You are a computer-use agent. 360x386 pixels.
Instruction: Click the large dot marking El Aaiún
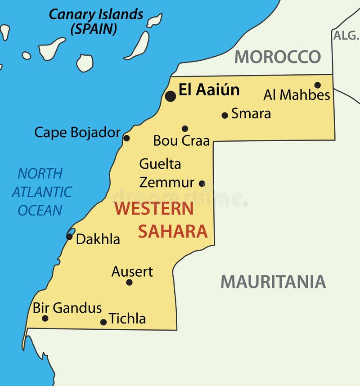point(170,96)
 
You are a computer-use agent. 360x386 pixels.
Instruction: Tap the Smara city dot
point(225,115)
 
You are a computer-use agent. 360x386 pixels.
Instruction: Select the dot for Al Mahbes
point(317,85)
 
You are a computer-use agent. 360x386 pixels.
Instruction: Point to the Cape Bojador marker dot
point(126,138)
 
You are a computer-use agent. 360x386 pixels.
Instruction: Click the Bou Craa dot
point(184,129)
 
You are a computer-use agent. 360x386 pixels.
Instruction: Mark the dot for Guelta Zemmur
point(202,184)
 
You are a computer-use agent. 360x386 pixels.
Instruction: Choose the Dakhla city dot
point(69,237)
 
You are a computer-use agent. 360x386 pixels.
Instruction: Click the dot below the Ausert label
point(129,283)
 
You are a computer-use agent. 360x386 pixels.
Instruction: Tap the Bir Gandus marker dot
point(45,319)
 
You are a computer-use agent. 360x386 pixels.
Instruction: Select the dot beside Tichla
point(103,322)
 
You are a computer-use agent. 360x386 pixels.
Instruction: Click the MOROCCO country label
point(278,57)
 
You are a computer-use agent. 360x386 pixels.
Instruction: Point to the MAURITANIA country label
point(273,282)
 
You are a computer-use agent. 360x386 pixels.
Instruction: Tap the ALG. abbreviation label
point(346,36)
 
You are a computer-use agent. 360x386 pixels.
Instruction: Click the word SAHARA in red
point(173,231)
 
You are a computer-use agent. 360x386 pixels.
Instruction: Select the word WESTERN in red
point(153,209)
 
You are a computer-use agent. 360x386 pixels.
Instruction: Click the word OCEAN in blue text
point(40,210)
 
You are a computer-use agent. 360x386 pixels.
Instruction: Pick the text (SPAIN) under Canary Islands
point(94,29)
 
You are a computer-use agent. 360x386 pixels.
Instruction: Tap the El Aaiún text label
point(209,90)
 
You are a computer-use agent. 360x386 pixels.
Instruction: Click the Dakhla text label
point(98,239)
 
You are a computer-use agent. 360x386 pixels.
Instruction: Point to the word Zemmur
point(166,183)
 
